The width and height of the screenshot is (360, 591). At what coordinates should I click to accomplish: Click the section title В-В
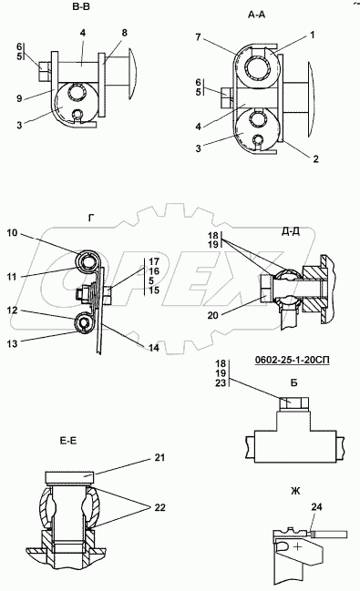pyautogui.click(x=81, y=6)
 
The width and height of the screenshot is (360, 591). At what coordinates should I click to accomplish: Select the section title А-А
pyautogui.click(x=257, y=15)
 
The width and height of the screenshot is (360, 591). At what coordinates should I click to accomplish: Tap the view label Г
pyautogui.click(x=91, y=218)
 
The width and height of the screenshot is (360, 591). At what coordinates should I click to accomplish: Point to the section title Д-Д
pyautogui.click(x=291, y=231)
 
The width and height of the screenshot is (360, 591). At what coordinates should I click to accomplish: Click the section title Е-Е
pyautogui.click(x=68, y=441)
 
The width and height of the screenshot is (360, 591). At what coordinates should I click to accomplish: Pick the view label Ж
pyautogui.click(x=295, y=491)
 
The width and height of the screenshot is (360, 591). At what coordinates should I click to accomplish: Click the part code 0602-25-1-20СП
pyautogui.click(x=292, y=361)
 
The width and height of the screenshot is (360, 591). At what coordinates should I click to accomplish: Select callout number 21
pyautogui.click(x=159, y=457)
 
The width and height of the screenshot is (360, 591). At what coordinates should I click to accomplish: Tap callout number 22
pyautogui.click(x=160, y=508)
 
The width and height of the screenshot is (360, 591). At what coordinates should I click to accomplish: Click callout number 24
pyautogui.click(x=317, y=507)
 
